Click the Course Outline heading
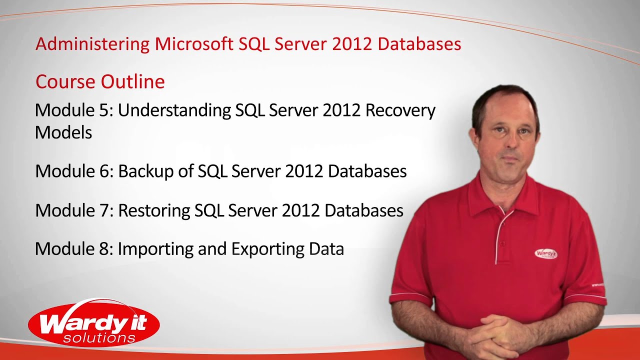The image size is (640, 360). click(100, 81)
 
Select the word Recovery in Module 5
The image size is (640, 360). click(400, 110)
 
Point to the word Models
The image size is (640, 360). click(63, 132)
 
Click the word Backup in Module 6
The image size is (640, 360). click(145, 171)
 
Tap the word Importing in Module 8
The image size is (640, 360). click(155, 249)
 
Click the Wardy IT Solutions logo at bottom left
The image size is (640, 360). click(94, 323)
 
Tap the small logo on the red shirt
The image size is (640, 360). click(545, 253)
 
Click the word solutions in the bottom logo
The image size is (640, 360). click(99, 338)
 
